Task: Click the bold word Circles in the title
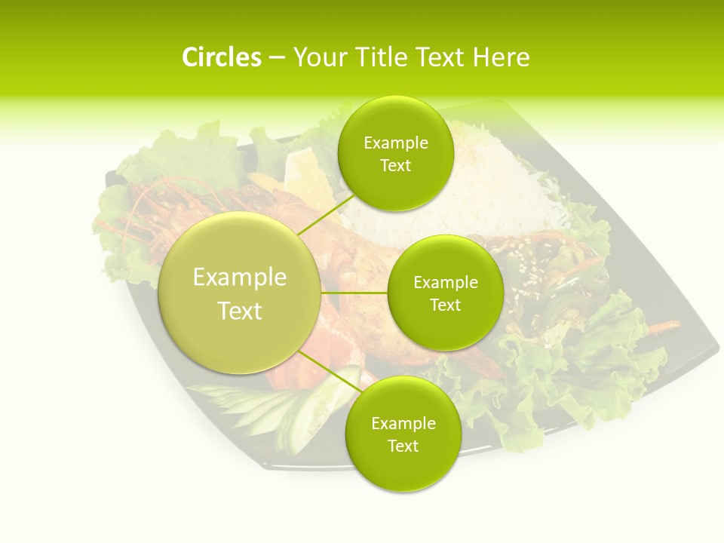(221, 57)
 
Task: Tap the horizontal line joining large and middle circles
(354, 293)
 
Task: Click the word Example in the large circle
(240, 278)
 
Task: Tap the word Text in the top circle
(395, 166)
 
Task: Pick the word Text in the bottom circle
(403, 446)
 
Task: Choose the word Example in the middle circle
(445, 283)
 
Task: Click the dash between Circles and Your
(277, 57)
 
